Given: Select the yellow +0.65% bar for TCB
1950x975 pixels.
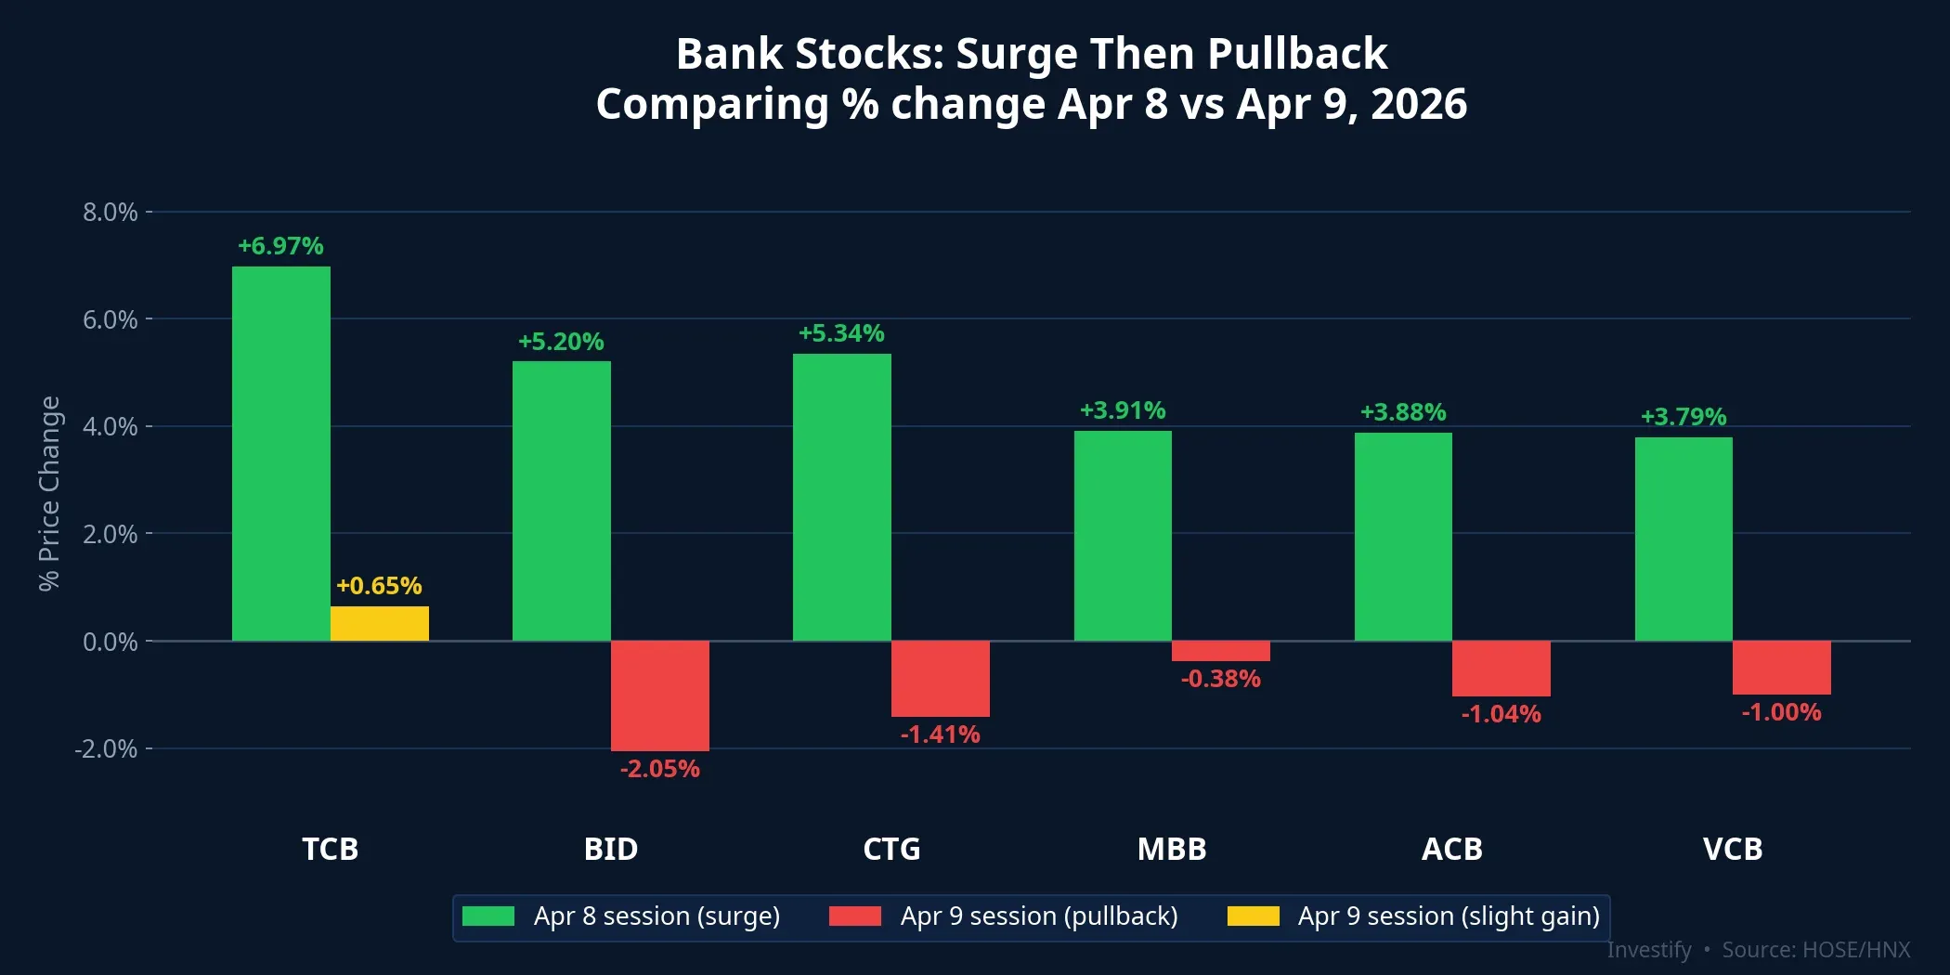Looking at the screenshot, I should (x=379, y=623).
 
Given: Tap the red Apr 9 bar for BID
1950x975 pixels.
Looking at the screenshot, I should (x=659, y=695).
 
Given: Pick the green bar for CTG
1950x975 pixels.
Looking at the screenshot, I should (x=841, y=497).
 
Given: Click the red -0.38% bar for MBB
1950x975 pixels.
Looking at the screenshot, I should (x=1220, y=651).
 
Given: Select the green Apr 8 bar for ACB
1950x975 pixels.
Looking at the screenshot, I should (x=1403, y=537).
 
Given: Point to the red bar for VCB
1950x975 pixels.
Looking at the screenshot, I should (x=1781, y=668).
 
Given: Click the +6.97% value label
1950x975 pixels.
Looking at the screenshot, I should (x=280, y=246).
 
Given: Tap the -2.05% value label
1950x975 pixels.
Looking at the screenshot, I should (x=659, y=769).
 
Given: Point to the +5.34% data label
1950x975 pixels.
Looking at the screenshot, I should (x=841, y=333).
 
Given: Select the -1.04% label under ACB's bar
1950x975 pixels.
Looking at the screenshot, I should (x=1501, y=714).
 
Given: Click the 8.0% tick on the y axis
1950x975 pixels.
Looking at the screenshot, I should (x=110, y=212).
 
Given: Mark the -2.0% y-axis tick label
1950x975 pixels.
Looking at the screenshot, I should (x=106, y=748).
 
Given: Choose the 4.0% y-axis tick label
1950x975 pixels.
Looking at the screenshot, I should (x=110, y=426).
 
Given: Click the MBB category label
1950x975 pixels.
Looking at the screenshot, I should (x=1172, y=849).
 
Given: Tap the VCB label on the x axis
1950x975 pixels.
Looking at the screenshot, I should (x=1733, y=849).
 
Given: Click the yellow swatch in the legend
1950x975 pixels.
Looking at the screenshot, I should (x=1253, y=916).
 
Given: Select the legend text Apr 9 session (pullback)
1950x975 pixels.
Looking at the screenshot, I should (x=1038, y=916).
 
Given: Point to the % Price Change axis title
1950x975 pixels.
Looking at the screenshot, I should (x=49, y=493).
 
